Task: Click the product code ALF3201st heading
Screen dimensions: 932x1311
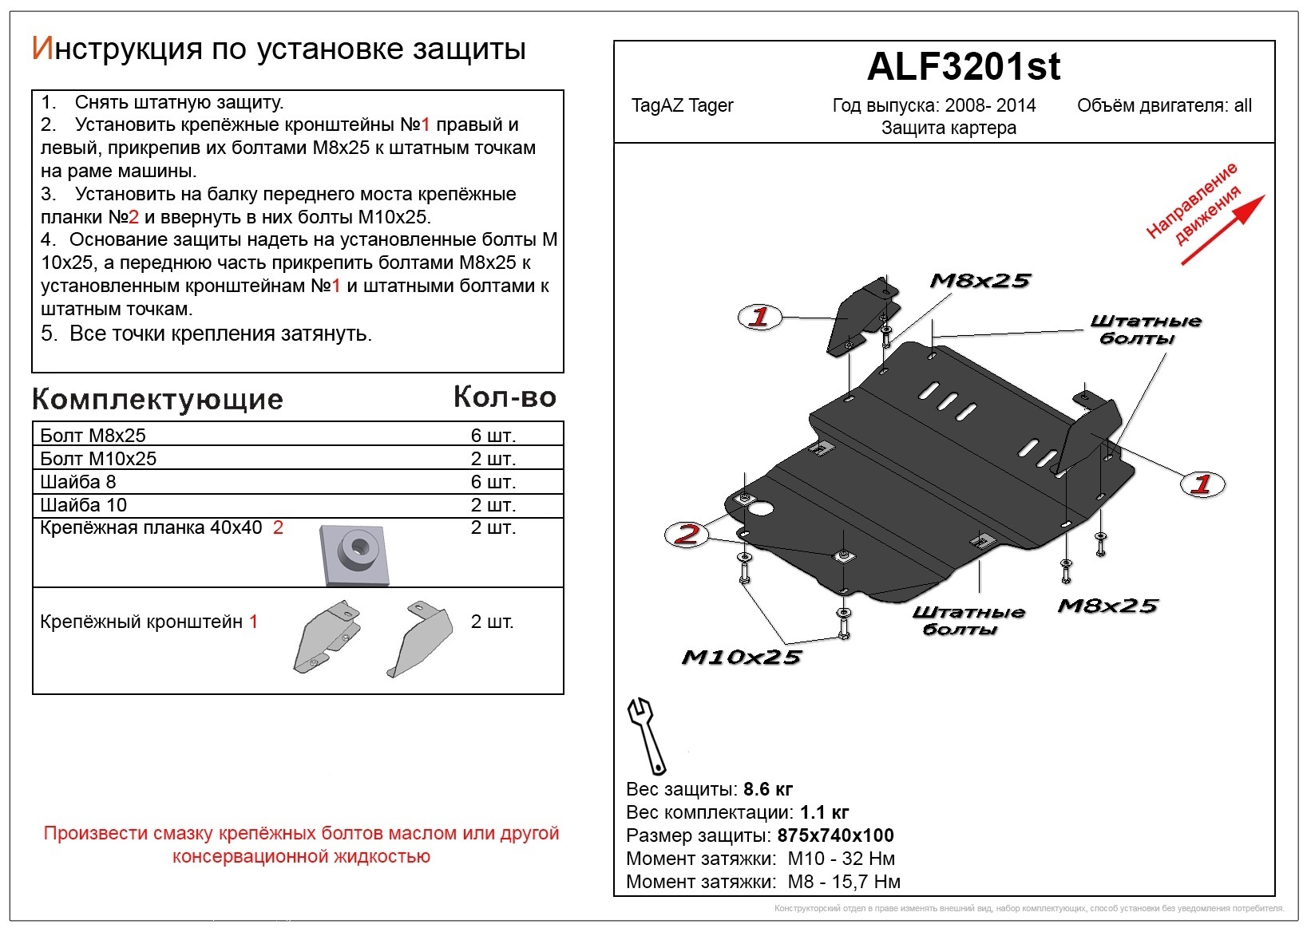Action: [x=963, y=67]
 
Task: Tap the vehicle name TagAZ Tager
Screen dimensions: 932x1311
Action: [x=682, y=105]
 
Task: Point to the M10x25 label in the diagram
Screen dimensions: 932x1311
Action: [x=741, y=657]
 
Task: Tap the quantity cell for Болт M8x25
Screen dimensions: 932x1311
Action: [x=493, y=436]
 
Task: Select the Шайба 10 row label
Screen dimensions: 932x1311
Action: [x=83, y=505]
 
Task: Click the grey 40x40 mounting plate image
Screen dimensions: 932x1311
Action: [x=354, y=554]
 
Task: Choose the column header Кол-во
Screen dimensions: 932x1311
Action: [x=504, y=397]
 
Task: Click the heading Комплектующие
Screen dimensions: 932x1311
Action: [x=157, y=399]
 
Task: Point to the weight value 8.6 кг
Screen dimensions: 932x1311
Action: [x=767, y=789]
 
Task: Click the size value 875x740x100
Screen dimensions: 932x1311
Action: [x=835, y=835]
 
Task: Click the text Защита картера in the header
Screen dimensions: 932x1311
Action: [x=948, y=128]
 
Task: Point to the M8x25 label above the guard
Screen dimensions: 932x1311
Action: [x=980, y=281]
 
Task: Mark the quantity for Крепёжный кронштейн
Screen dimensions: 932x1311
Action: [x=492, y=622]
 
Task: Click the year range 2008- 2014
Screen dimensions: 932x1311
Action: [x=990, y=105]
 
